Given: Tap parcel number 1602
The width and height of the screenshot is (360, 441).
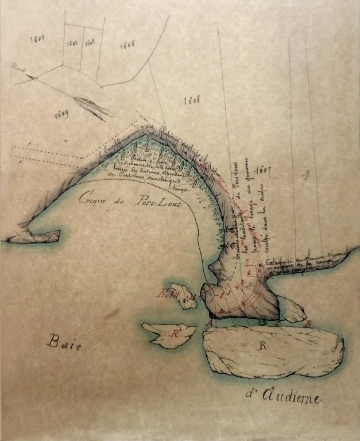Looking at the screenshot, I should pyautogui.click(x=72, y=43).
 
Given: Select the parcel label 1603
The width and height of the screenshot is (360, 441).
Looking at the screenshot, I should pyautogui.click(x=90, y=42).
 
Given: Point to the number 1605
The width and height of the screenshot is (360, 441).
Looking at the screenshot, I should pyautogui.click(x=127, y=44).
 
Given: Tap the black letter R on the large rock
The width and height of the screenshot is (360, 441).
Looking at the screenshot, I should pyautogui.click(x=263, y=346).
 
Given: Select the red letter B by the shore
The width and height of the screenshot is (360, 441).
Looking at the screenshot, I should pyautogui.click(x=308, y=323).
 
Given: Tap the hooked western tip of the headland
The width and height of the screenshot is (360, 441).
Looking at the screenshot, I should pyautogui.click(x=29, y=235).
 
